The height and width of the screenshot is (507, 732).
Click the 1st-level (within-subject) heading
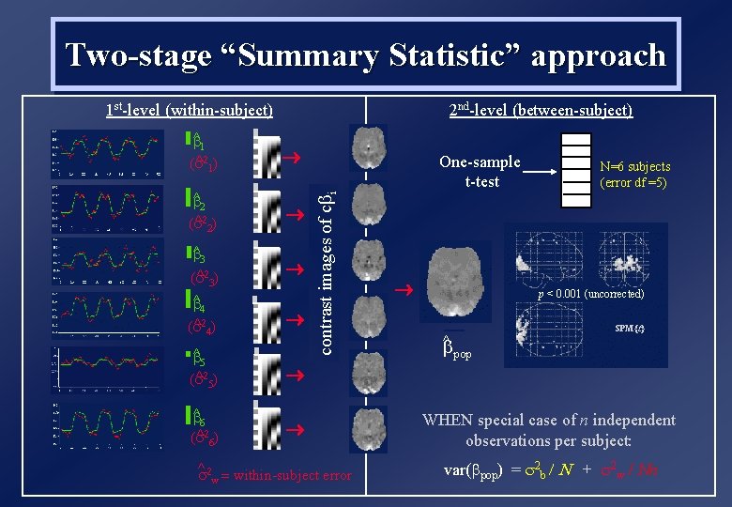click(x=189, y=111)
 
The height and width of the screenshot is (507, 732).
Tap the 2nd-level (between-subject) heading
click(x=541, y=111)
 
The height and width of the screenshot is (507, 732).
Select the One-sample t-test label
click(x=480, y=171)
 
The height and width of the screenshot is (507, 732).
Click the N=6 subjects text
click(x=634, y=167)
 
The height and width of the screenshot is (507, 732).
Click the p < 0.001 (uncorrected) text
click(x=590, y=294)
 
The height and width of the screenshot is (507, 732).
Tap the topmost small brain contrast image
click(x=366, y=148)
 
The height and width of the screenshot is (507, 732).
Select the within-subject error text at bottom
click(x=273, y=476)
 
